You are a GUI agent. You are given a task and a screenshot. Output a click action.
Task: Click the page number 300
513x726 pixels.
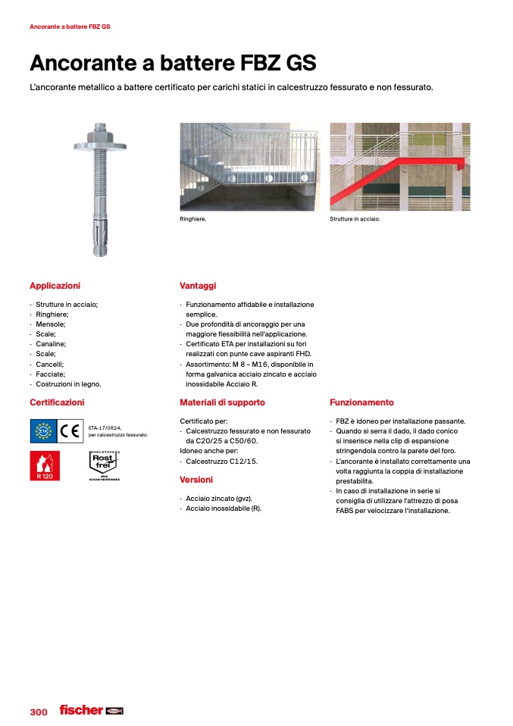tap(39, 712)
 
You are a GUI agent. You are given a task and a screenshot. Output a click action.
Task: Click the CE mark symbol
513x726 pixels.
tap(70, 431)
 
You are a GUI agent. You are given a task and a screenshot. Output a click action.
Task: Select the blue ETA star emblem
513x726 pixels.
tap(43, 431)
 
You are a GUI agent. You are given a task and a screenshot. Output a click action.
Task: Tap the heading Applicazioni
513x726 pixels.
tap(55, 286)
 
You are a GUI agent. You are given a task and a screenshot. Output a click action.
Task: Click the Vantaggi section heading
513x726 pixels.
tap(198, 286)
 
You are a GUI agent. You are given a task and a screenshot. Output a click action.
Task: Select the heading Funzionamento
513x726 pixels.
tap(361, 402)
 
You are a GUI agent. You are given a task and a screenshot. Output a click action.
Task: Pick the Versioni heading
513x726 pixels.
tap(196, 480)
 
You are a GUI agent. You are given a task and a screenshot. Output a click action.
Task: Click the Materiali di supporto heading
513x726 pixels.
tap(222, 402)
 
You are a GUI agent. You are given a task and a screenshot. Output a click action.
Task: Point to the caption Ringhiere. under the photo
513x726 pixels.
tap(193, 219)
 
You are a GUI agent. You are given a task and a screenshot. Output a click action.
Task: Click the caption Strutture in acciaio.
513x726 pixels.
tap(355, 219)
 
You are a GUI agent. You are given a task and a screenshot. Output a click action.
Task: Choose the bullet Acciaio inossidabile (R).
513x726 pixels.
tap(224, 509)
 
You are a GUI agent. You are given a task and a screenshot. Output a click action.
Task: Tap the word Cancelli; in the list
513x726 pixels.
tap(50, 364)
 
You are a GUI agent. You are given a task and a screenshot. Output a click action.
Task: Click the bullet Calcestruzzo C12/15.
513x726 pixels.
tap(222, 460)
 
